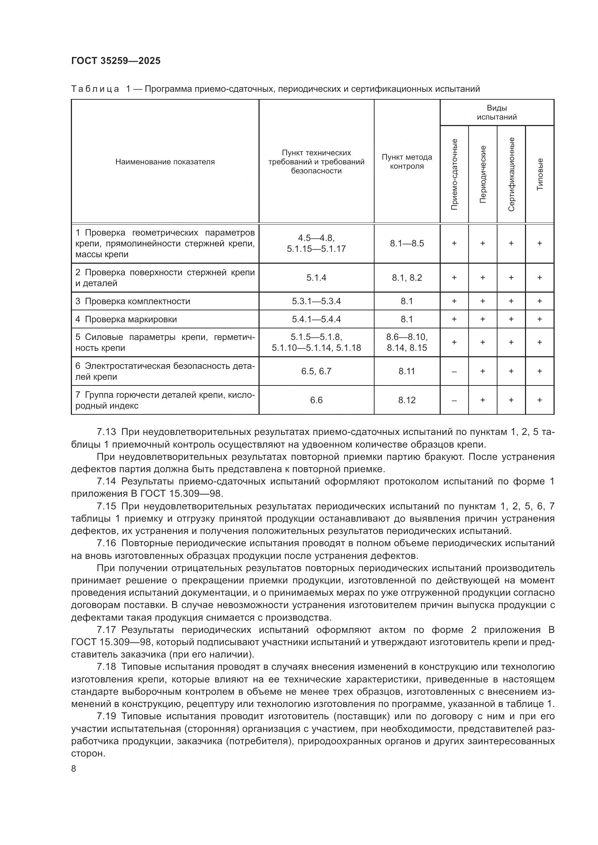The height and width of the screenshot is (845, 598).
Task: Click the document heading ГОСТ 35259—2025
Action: (116, 61)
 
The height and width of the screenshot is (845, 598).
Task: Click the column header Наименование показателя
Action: (165, 162)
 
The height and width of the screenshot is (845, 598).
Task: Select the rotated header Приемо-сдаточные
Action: (454, 174)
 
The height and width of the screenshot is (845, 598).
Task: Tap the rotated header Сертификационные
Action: (511, 174)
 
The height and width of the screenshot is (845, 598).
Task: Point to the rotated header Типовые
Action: (540, 174)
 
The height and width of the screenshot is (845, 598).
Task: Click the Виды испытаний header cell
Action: (497, 112)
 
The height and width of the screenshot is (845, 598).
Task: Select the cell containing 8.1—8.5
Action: (407, 243)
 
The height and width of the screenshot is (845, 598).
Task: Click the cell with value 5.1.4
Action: (316, 277)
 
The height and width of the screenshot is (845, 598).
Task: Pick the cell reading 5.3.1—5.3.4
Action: (316, 301)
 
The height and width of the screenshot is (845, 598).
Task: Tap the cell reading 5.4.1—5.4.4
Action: (316, 319)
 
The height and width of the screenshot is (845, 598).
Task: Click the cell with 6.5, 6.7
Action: (316, 371)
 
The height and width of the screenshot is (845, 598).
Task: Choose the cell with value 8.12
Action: (407, 400)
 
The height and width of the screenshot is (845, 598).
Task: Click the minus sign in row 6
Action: (454, 371)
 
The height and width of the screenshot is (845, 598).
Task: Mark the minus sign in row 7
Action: (454, 400)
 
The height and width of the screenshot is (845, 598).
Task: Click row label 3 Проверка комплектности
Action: (133, 301)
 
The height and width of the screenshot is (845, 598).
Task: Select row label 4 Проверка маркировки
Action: (126, 319)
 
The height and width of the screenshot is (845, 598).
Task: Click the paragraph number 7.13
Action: (106, 432)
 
